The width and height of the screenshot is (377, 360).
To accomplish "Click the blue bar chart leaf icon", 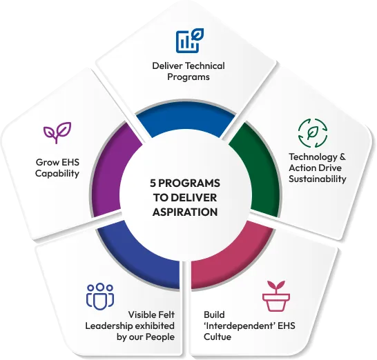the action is click(x=190, y=41).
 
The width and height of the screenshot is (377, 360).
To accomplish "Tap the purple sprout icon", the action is click(x=57, y=132).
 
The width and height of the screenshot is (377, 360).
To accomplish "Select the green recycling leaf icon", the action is click(x=313, y=133).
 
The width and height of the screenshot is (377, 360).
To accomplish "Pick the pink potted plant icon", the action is click(x=276, y=296).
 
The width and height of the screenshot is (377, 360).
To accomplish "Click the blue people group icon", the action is click(x=100, y=297).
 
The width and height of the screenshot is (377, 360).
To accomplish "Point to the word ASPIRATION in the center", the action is click(x=185, y=212).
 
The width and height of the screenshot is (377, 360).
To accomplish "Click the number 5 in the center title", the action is click(x=153, y=183).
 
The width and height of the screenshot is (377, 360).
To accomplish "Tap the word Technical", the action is click(x=205, y=66).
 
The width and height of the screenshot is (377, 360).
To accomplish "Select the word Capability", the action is click(x=57, y=174).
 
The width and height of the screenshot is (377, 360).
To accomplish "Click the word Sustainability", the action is click(x=318, y=179).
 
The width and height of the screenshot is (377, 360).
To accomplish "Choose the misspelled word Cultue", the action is click(x=217, y=337).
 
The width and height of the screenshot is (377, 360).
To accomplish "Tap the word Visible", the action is click(x=139, y=314).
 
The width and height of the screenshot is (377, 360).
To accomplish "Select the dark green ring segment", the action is click(x=256, y=170).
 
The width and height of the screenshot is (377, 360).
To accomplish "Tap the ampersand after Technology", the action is click(x=342, y=157).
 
